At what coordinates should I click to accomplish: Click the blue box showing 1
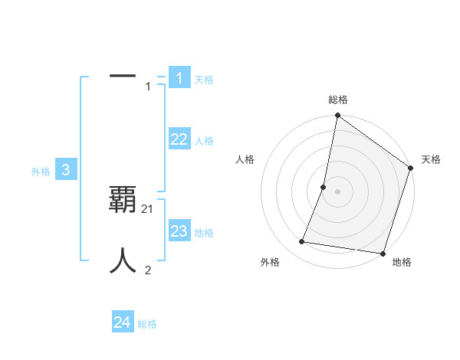[179, 77]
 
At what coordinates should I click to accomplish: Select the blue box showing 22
[179, 139]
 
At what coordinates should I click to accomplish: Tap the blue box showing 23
[179, 231]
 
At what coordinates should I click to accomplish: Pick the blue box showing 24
[123, 322]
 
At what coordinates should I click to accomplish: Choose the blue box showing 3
[66, 171]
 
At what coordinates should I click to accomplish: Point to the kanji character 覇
[123, 200]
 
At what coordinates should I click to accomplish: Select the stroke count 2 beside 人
[148, 270]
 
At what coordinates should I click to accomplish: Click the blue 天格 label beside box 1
[204, 79]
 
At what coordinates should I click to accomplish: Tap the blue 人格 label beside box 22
[204, 141]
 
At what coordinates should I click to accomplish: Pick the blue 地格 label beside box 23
[204, 233]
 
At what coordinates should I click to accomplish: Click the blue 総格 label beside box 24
[147, 324]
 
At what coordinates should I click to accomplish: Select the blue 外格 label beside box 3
[41, 172]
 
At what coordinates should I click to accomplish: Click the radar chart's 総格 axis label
[337, 100]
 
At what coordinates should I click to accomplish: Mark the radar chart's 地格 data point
[383, 253]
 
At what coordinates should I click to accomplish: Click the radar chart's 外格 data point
[302, 242]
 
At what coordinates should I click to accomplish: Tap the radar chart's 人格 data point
[324, 187]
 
